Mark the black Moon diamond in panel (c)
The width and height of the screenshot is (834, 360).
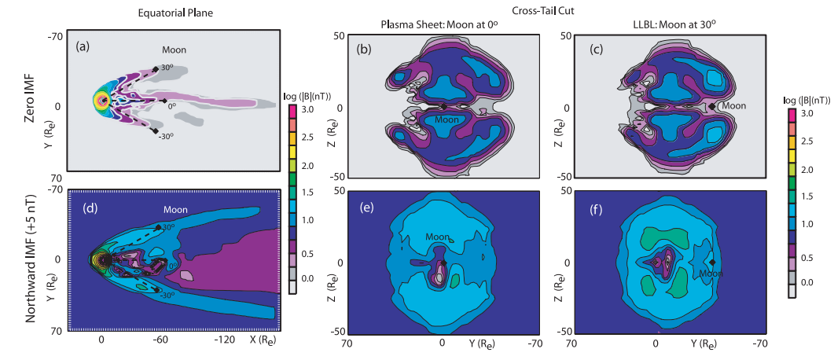pyautogui.click(x=712, y=106)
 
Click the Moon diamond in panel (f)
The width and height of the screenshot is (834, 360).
pyautogui.click(x=712, y=263)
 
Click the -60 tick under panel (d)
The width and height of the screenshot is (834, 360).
pyautogui.click(x=160, y=340)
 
